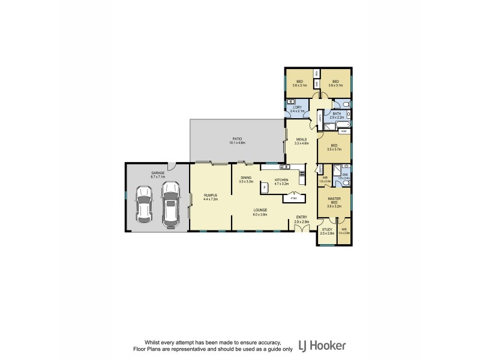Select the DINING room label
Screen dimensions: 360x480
pos(246,179)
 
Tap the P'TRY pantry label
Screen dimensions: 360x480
pos(293,198)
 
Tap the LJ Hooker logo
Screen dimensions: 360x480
pos(325,346)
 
